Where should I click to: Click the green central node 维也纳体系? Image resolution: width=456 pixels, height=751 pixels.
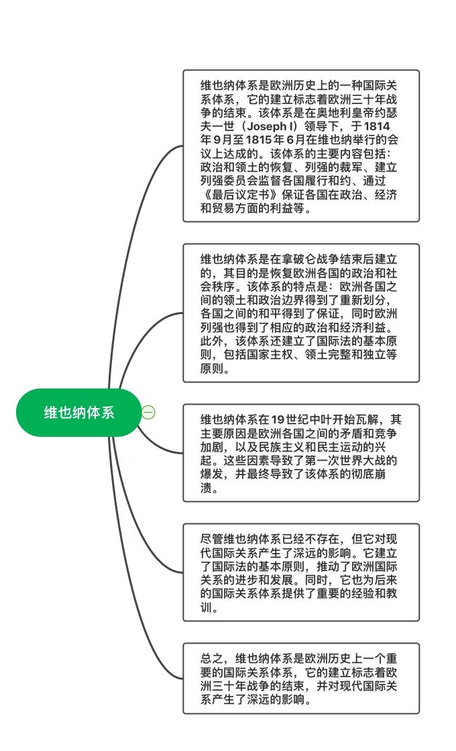(78, 412)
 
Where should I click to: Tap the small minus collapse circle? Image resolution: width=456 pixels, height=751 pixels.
(149, 412)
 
